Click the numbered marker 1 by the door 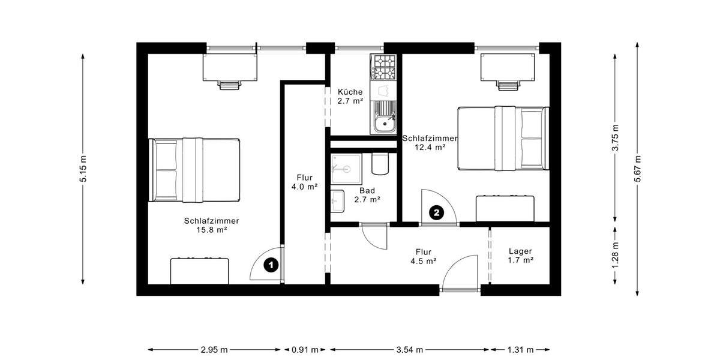271,264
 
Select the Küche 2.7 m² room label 350,97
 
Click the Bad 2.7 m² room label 367,195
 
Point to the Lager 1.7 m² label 520,256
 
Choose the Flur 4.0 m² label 304,182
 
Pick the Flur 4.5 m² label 423,256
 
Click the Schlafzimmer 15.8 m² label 207,225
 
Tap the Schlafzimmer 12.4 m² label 430,142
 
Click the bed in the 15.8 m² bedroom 196,170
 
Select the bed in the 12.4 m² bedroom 503,138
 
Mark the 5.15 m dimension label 83,169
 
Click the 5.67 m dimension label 637,169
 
